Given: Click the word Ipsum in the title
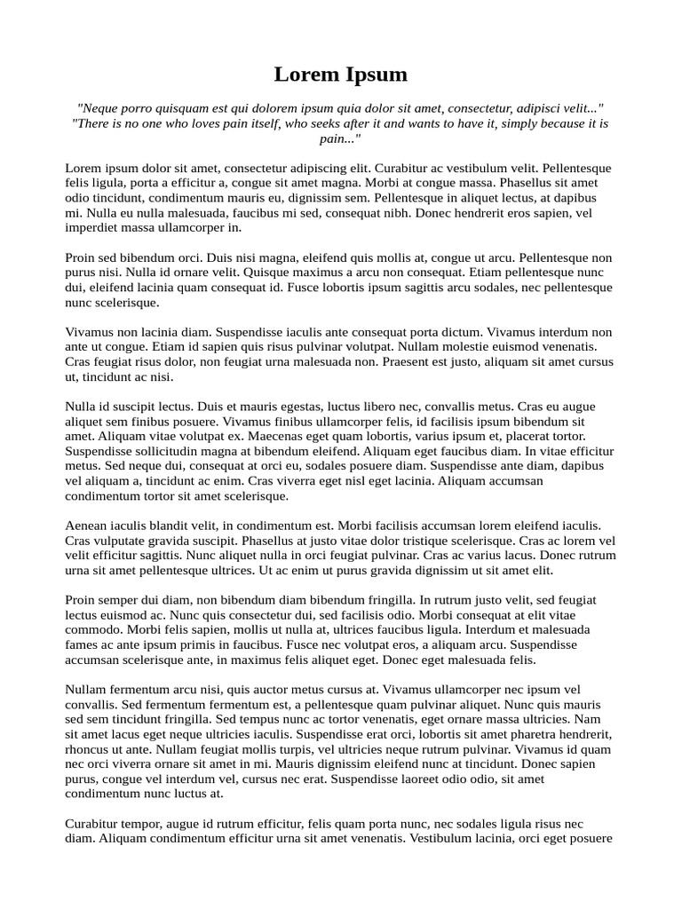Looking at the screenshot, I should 371,75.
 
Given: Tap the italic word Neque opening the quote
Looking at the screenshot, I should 99,108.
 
